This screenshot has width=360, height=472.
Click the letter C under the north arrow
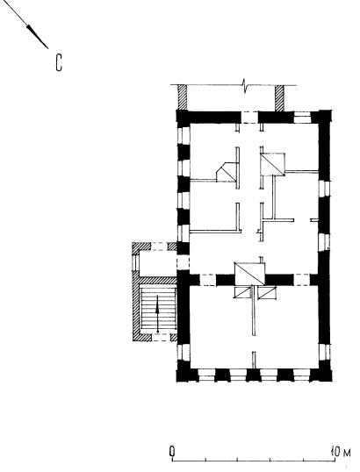[59, 63]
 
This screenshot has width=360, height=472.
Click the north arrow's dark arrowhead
[37, 37]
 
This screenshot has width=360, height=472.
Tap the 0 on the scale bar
[172, 452]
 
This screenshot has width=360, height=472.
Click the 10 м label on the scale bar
[341, 452]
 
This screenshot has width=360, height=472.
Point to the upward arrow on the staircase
[157, 314]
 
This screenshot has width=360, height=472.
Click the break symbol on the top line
[245, 85]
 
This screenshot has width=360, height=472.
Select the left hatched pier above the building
[183, 97]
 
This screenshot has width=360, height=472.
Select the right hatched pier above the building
[280, 98]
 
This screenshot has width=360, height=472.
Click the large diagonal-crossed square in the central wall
[249, 274]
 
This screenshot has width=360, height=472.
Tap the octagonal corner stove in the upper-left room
[227, 172]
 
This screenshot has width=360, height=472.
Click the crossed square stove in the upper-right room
[273, 164]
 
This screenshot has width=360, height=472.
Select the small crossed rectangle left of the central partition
[243, 292]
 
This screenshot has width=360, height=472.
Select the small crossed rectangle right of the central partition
[267, 292]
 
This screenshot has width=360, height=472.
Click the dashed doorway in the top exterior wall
[249, 118]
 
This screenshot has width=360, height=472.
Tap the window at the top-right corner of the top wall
[302, 118]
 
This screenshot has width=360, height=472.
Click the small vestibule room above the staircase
[157, 264]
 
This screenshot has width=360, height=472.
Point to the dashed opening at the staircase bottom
[162, 338]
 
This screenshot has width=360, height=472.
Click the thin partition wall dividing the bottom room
[254, 311]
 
